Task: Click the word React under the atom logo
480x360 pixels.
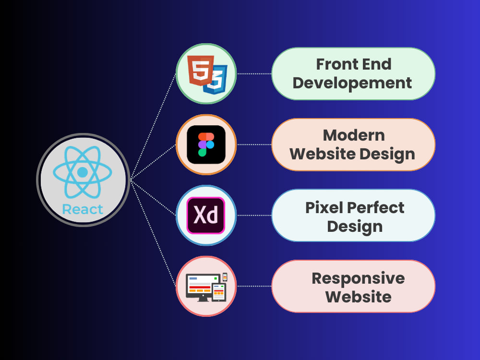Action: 83,209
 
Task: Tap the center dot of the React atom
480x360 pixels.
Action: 83,172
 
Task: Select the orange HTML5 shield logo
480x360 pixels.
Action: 201,71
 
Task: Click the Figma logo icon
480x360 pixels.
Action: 206,144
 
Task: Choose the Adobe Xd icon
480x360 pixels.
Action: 206,216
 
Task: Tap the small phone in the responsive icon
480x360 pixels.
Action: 225,277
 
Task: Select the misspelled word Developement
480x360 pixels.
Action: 352,83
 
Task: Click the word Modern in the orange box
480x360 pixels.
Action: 354,135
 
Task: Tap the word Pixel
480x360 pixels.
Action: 324,207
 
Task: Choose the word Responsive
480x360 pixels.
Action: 359,279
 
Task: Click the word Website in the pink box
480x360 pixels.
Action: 359,297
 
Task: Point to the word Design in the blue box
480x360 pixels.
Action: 355,227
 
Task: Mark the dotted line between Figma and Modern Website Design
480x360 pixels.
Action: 254,144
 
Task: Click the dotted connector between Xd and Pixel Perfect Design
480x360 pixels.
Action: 254,215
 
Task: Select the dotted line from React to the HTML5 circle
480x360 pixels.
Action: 154,126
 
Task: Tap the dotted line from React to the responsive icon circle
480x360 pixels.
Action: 154,234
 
